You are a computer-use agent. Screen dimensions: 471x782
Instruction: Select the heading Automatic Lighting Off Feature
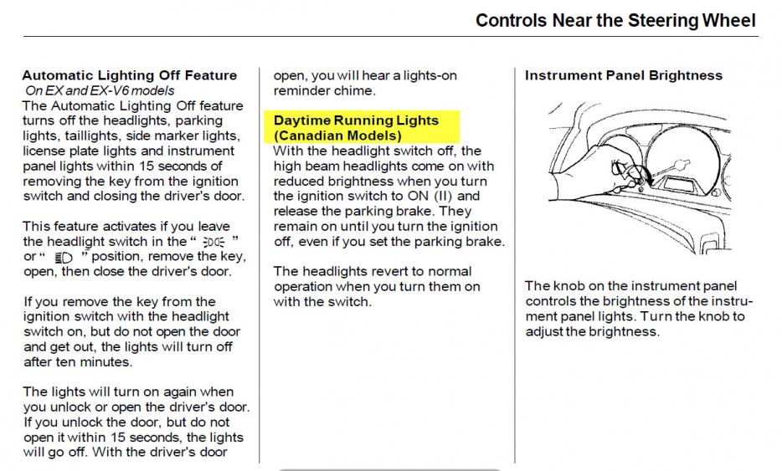pos(130,75)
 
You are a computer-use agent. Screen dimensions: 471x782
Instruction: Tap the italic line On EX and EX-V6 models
pos(100,90)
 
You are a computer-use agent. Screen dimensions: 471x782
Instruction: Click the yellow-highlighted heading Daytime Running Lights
pos(356,120)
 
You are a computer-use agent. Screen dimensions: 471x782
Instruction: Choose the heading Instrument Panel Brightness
pos(623,75)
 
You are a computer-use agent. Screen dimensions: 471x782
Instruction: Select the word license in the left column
pos(46,151)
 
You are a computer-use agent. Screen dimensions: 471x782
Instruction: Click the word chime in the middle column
pos(358,90)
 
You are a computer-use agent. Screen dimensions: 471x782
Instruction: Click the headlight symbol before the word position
pos(63,257)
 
